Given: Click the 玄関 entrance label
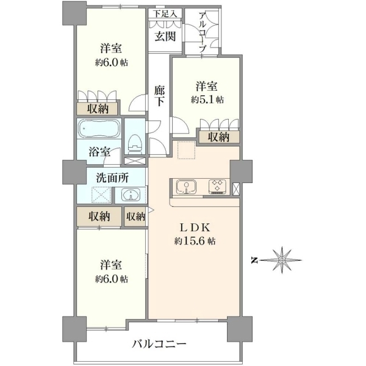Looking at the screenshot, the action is pos(165,37).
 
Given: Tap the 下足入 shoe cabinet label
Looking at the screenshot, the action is pos(165,14).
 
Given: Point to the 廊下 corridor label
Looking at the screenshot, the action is pos(159,96).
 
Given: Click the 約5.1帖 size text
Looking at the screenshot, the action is pos(207,100).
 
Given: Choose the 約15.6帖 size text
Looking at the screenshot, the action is pos(195,241).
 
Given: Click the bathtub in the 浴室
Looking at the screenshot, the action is pos(99,128).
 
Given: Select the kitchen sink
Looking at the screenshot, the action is pos(186,186).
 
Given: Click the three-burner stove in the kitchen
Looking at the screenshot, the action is pos(218,186).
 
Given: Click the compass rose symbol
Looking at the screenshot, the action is pos(282,260).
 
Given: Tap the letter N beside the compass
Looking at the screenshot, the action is pos(254,260).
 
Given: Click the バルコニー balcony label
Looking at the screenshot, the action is pos(160,343).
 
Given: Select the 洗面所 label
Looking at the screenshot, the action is pos(112,178).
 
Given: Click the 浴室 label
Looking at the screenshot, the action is pos(99,152).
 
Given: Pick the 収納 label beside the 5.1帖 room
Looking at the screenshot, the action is pos(219,137).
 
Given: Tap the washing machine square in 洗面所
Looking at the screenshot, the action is pos(101,195).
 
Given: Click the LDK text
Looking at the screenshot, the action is pos(195,228).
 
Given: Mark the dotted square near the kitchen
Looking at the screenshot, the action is pos(186,150).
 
